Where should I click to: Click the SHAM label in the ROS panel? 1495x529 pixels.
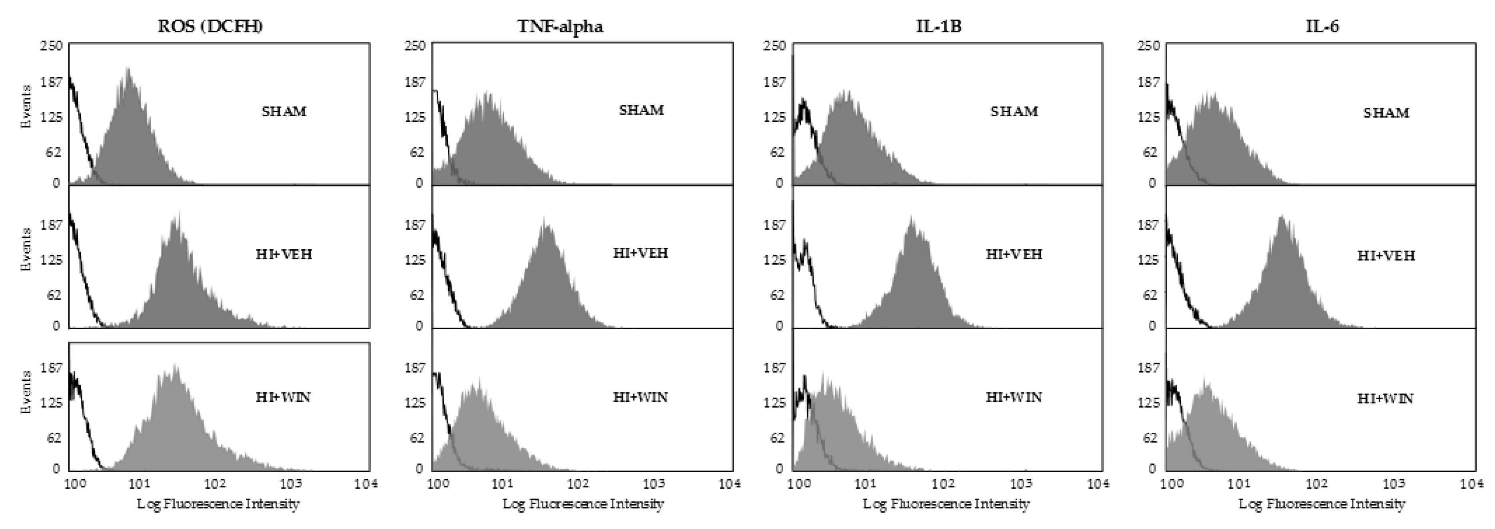[x=284, y=111]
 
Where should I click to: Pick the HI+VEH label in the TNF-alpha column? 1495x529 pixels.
[x=641, y=253]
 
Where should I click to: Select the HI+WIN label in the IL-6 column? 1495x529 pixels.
[x=1385, y=398]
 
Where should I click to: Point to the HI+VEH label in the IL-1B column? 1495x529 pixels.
[x=1014, y=254]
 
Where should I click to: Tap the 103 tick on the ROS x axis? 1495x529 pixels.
[x=290, y=484]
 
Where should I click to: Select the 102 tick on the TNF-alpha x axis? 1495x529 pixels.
[x=577, y=484]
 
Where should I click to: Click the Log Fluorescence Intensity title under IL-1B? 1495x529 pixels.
[x=946, y=503]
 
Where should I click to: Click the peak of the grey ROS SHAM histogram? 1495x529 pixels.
[x=128, y=70]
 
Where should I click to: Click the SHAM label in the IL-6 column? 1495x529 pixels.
[x=1386, y=113]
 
